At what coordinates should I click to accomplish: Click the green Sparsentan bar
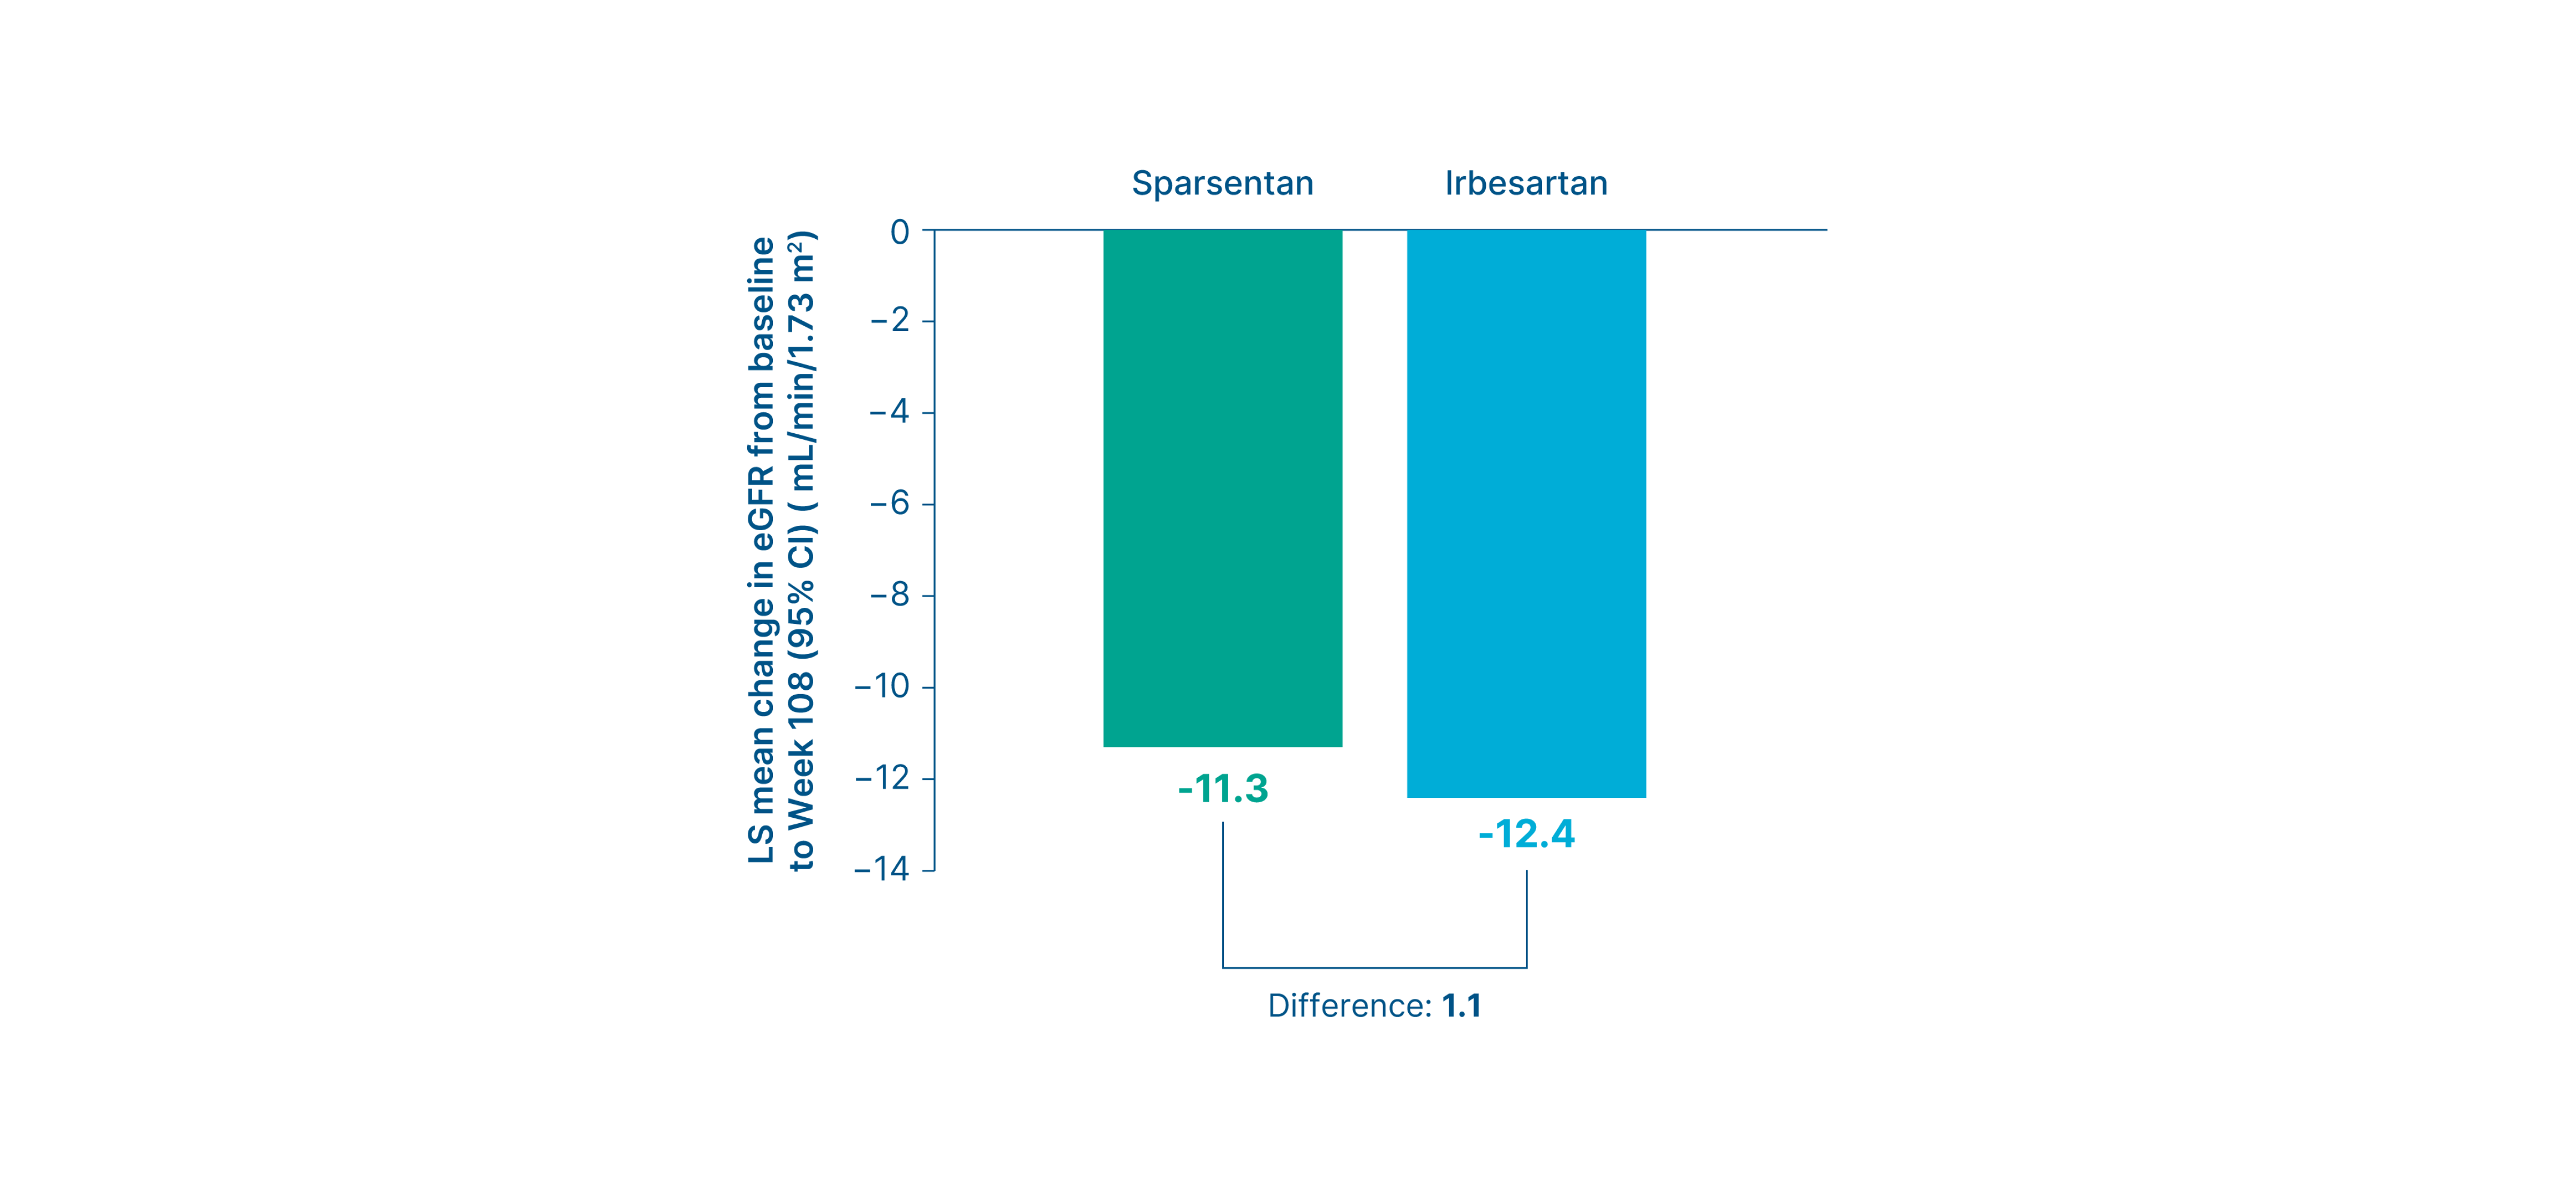(x=1223, y=488)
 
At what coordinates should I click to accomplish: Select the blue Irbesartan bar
(x=1526, y=513)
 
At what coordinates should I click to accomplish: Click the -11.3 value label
(x=1223, y=789)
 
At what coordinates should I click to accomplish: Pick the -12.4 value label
(x=1526, y=834)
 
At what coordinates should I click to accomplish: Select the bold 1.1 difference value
(x=1461, y=1005)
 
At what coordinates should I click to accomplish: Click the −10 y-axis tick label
(x=882, y=686)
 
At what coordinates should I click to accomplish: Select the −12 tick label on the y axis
(x=882, y=778)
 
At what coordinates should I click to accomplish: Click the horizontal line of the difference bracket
(x=1374, y=967)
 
